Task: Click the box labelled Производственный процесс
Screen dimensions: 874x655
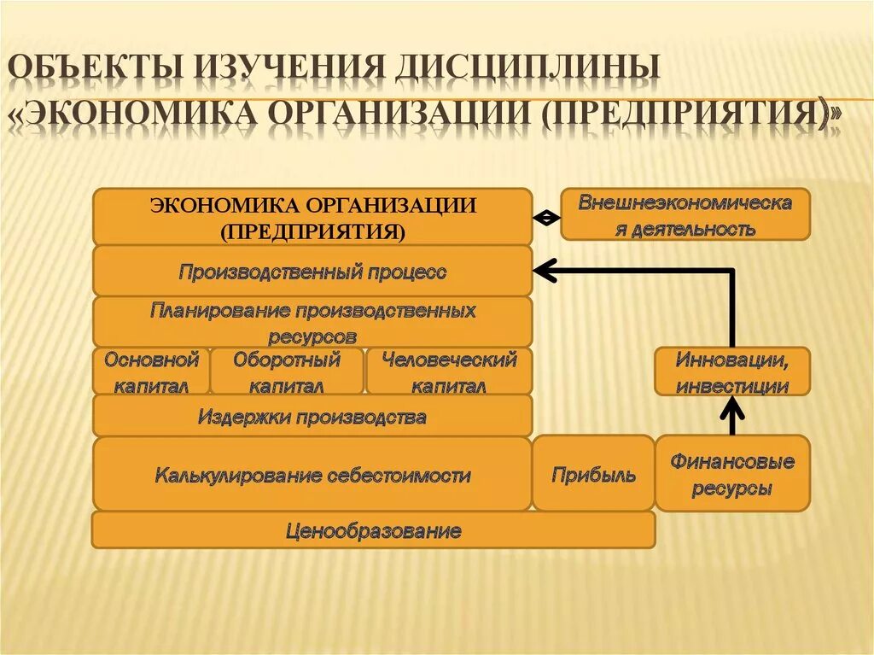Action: pyautogui.click(x=312, y=272)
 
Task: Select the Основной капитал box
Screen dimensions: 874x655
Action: pyautogui.click(x=151, y=371)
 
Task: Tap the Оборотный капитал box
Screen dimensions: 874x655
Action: pyautogui.click(x=287, y=371)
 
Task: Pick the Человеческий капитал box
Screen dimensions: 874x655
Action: pyautogui.click(x=449, y=371)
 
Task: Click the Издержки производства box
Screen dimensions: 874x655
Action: pyautogui.click(x=312, y=417)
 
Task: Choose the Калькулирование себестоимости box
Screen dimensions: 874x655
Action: pyautogui.click(x=312, y=474)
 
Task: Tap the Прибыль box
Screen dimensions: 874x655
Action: pyautogui.click(x=593, y=474)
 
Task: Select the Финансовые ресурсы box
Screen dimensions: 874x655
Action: pyautogui.click(x=731, y=474)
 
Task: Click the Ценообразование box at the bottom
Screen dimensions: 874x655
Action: pyautogui.click(x=373, y=530)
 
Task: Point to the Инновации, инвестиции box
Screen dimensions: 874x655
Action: pyautogui.click(x=731, y=371)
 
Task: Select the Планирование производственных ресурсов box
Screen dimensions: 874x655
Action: pyautogui.click(x=312, y=322)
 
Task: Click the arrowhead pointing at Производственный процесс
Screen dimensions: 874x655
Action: pyautogui.click(x=543, y=272)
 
